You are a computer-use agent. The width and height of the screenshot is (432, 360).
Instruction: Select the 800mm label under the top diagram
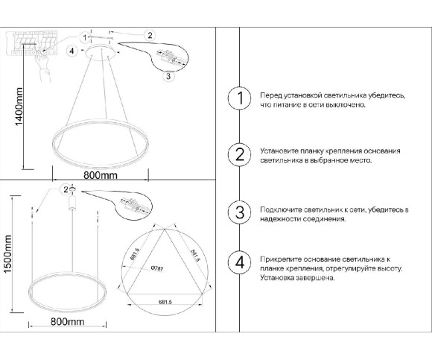click(101, 176)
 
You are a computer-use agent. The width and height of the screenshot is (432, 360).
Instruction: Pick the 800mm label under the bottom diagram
click(66, 321)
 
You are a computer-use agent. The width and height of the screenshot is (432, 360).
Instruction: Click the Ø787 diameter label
click(157, 269)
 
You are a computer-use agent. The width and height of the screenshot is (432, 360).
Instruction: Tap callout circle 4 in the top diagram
click(72, 51)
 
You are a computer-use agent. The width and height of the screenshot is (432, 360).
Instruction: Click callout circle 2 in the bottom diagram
click(66, 189)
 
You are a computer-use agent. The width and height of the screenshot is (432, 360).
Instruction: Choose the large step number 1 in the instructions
click(239, 100)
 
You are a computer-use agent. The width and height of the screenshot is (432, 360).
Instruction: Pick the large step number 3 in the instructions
click(239, 212)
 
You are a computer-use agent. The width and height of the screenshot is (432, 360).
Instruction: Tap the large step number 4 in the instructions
click(239, 262)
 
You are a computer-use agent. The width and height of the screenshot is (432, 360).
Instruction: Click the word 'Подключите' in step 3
click(279, 211)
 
